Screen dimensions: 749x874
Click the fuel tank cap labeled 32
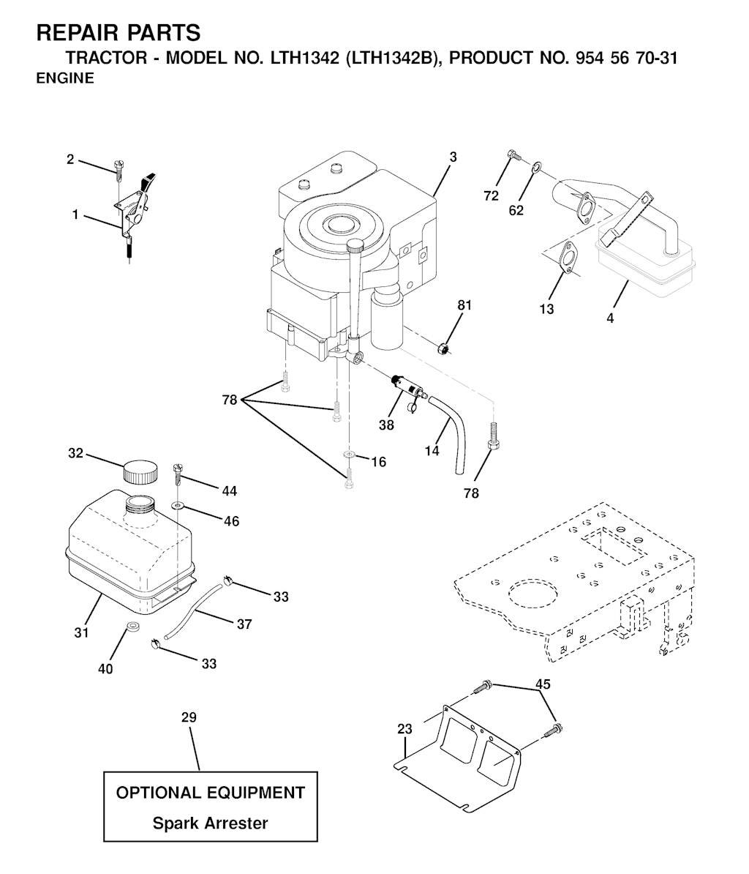click(x=140, y=471)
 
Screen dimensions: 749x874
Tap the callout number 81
click(x=464, y=305)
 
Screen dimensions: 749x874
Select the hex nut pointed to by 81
click(x=444, y=349)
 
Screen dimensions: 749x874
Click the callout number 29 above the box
click(x=189, y=717)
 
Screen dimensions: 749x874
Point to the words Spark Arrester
click(x=211, y=823)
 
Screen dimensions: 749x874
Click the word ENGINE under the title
click(x=65, y=78)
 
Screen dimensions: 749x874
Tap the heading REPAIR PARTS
click(x=118, y=34)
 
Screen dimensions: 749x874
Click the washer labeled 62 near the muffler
click(x=536, y=165)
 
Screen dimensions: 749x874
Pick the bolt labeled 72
click(x=513, y=154)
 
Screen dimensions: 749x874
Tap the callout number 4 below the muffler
click(x=610, y=318)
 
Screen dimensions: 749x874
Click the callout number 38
click(x=386, y=425)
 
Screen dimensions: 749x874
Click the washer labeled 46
click(x=178, y=506)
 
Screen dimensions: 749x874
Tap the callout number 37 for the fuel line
click(x=244, y=624)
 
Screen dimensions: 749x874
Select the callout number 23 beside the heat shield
click(x=404, y=728)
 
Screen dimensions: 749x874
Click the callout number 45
click(x=543, y=684)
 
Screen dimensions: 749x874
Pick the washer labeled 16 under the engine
click(x=349, y=455)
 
